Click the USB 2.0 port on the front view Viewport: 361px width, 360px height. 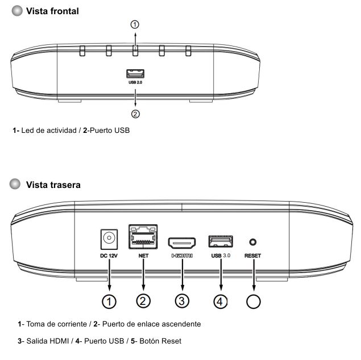point(135,74)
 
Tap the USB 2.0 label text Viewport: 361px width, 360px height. point(135,82)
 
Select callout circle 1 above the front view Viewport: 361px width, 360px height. point(135,24)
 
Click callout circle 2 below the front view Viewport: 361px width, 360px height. point(135,114)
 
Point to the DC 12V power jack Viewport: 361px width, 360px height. point(109,239)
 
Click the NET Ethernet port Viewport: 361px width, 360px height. point(143,237)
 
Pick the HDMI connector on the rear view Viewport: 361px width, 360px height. point(182,243)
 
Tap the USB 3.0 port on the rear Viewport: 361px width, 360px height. point(221,241)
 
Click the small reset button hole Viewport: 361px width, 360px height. point(253,242)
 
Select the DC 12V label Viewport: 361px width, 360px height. point(109,256)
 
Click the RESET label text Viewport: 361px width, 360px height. point(252,256)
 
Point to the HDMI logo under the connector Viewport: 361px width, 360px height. point(182,256)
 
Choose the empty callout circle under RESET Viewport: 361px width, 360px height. point(253,302)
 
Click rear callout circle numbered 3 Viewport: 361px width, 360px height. point(182,302)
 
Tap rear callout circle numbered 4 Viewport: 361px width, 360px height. point(221,302)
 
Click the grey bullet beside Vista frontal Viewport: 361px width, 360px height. point(17,11)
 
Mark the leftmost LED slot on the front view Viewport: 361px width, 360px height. point(82,51)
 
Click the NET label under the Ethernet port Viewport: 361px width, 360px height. point(143,256)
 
